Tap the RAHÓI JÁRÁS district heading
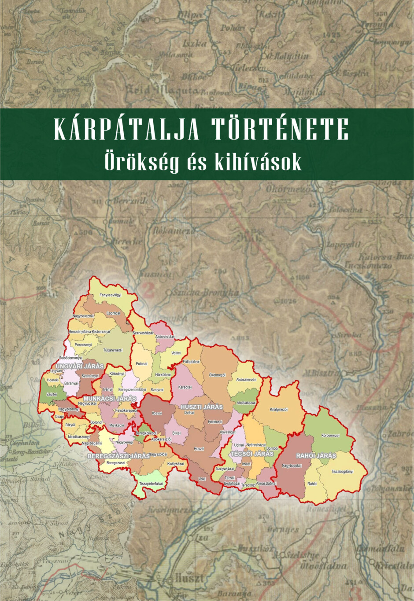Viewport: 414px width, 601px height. coord(316,455)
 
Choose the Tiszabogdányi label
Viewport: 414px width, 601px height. coord(342,472)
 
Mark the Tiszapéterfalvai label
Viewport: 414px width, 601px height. coord(151,484)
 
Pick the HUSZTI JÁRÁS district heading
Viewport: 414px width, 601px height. coord(202,407)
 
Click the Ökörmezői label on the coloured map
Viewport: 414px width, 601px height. coord(217,375)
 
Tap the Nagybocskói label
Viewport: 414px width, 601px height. coord(291,465)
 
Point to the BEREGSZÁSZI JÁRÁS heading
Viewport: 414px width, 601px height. coord(118,456)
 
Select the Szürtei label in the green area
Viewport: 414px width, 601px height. coord(52,395)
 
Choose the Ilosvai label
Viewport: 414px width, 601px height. coord(157,413)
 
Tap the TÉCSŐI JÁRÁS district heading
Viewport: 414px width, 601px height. coord(252,453)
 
